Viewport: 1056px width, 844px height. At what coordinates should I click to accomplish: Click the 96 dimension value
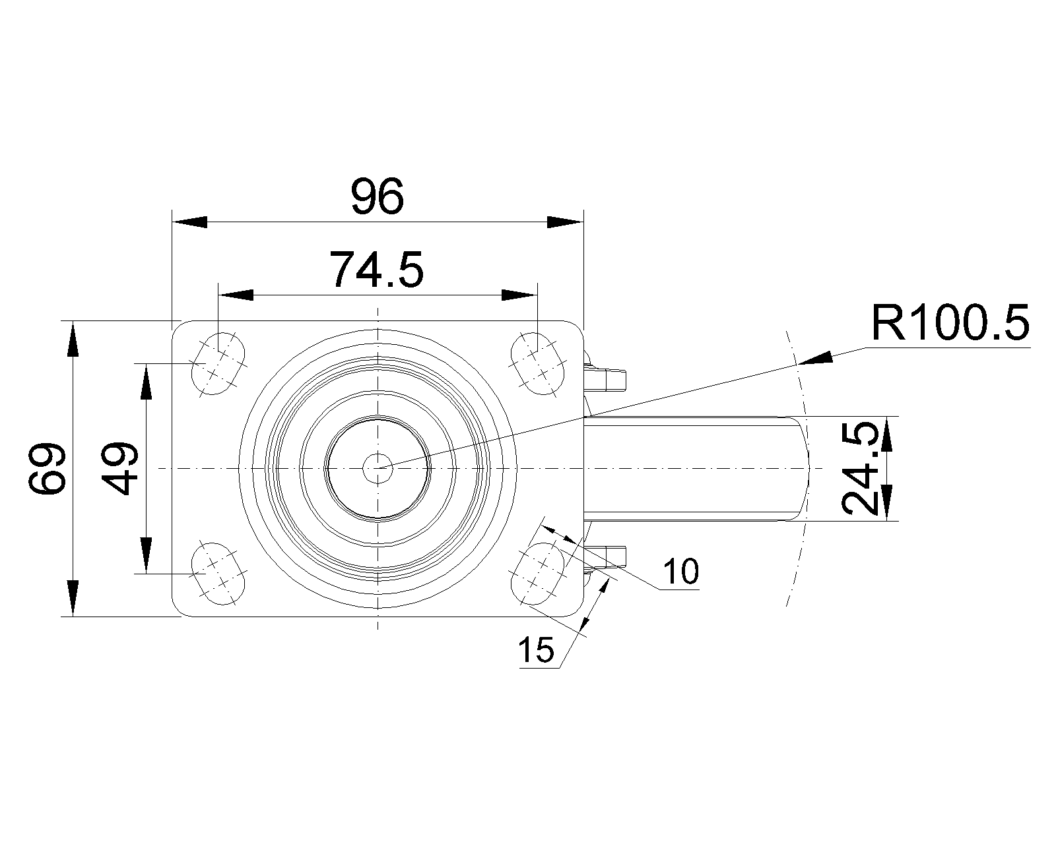coord(376,196)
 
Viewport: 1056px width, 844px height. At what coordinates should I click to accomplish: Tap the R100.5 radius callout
coord(950,323)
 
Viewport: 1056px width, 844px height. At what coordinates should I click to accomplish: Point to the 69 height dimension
coord(48,468)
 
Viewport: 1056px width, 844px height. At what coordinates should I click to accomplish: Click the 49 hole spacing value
coord(121,468)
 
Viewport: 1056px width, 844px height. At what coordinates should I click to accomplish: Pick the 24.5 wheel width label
coord(861,468)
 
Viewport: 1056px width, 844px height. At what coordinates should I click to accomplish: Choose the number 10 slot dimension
coord(680,571)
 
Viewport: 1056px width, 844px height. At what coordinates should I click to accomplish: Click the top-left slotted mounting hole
coord(218,363)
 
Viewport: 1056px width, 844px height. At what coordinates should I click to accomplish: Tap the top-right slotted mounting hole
coord(539,363)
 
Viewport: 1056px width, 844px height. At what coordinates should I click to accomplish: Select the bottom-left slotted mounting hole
coord(218,574)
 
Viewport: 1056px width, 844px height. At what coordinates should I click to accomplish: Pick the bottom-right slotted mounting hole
coord(539,574)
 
